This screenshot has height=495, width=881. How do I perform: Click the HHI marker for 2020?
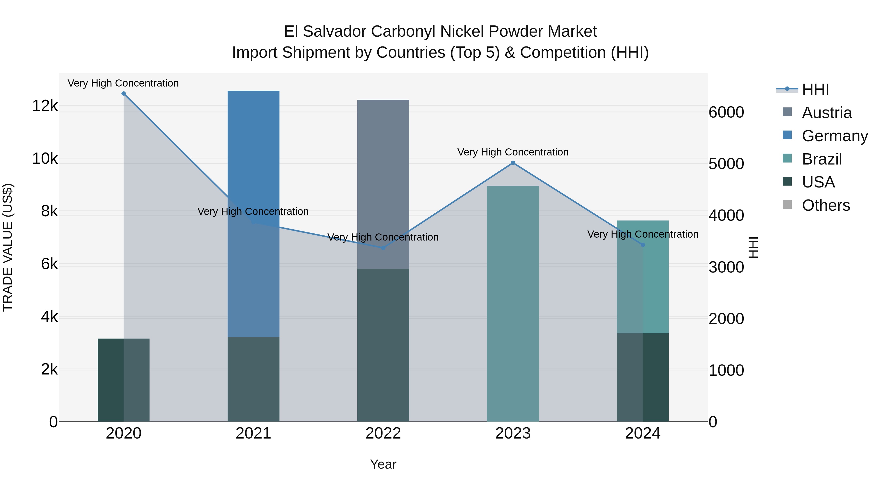124,94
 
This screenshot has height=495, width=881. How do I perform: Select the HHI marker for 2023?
513,163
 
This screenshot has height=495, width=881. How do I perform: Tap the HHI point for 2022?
383,248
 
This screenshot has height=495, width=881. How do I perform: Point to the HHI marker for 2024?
643,245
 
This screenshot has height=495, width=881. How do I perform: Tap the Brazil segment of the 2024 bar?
643,284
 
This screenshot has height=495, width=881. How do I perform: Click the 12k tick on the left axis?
45,106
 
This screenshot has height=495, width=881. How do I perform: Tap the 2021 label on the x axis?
254,433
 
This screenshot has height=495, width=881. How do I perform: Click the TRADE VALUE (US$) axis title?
8,247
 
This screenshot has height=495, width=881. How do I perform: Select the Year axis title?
383,464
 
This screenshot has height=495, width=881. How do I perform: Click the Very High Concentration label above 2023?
513,152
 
